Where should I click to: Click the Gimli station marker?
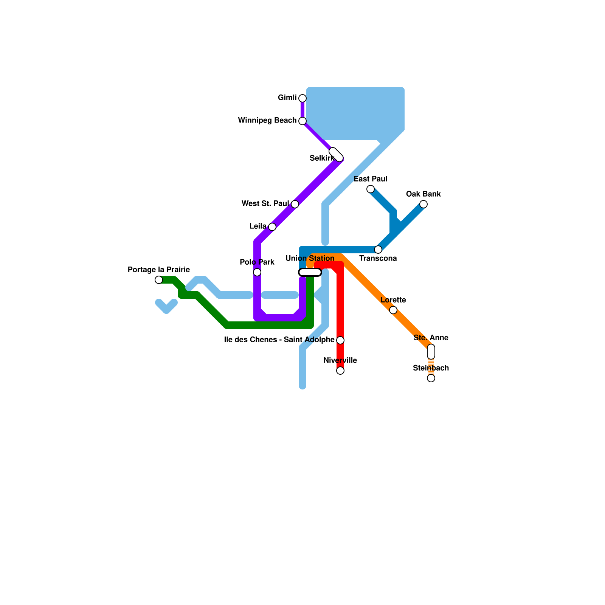coord(302,98)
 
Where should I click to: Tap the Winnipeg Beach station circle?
coord(302,121)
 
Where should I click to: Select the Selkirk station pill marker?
coord(336,155)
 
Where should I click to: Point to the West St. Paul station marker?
coord(295,204)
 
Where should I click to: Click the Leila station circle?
coord(272,227)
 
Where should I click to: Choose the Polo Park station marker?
coord(257,272)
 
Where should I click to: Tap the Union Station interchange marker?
coord(310,272)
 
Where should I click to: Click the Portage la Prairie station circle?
coord(159,280)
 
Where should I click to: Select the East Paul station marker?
coord(371,189)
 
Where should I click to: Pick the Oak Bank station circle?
coord(423,204)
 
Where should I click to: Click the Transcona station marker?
coord(378,250)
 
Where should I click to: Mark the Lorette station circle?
coord(393,310)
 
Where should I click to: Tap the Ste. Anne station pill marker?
coord(431,352)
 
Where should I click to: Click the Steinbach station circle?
coord(431,378)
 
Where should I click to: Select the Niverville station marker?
coord(340,371)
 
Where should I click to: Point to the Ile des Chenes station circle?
coord(340,340)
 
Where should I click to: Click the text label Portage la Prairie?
coord(159,270)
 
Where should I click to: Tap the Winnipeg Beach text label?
coord(267,121)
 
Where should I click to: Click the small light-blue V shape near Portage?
coord(166,306)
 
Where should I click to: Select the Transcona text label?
coord(378,259)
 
